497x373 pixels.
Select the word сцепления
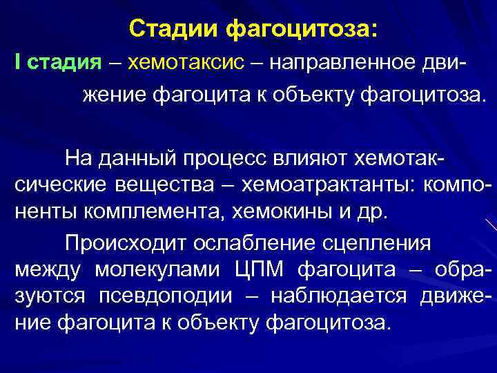tap(379, 244)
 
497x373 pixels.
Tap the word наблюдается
tap(339, 295)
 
